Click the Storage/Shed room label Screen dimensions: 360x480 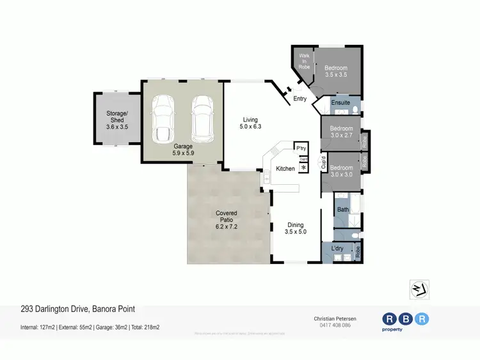[117, 120]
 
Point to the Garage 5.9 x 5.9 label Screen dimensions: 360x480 [182, 150]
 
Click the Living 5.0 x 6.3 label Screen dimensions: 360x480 [250, 123]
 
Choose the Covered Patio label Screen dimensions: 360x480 [226, 217]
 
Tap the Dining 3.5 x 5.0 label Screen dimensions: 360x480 [296, 228]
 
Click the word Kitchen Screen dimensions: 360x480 [285, 169]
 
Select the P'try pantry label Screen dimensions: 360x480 [301, 148]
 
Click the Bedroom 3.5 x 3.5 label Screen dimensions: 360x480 [336, 71]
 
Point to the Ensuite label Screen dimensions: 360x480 [340, 102]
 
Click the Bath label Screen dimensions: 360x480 [343, 209]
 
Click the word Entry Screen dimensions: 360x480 [300, 98]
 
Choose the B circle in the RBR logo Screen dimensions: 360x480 [404, 318]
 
